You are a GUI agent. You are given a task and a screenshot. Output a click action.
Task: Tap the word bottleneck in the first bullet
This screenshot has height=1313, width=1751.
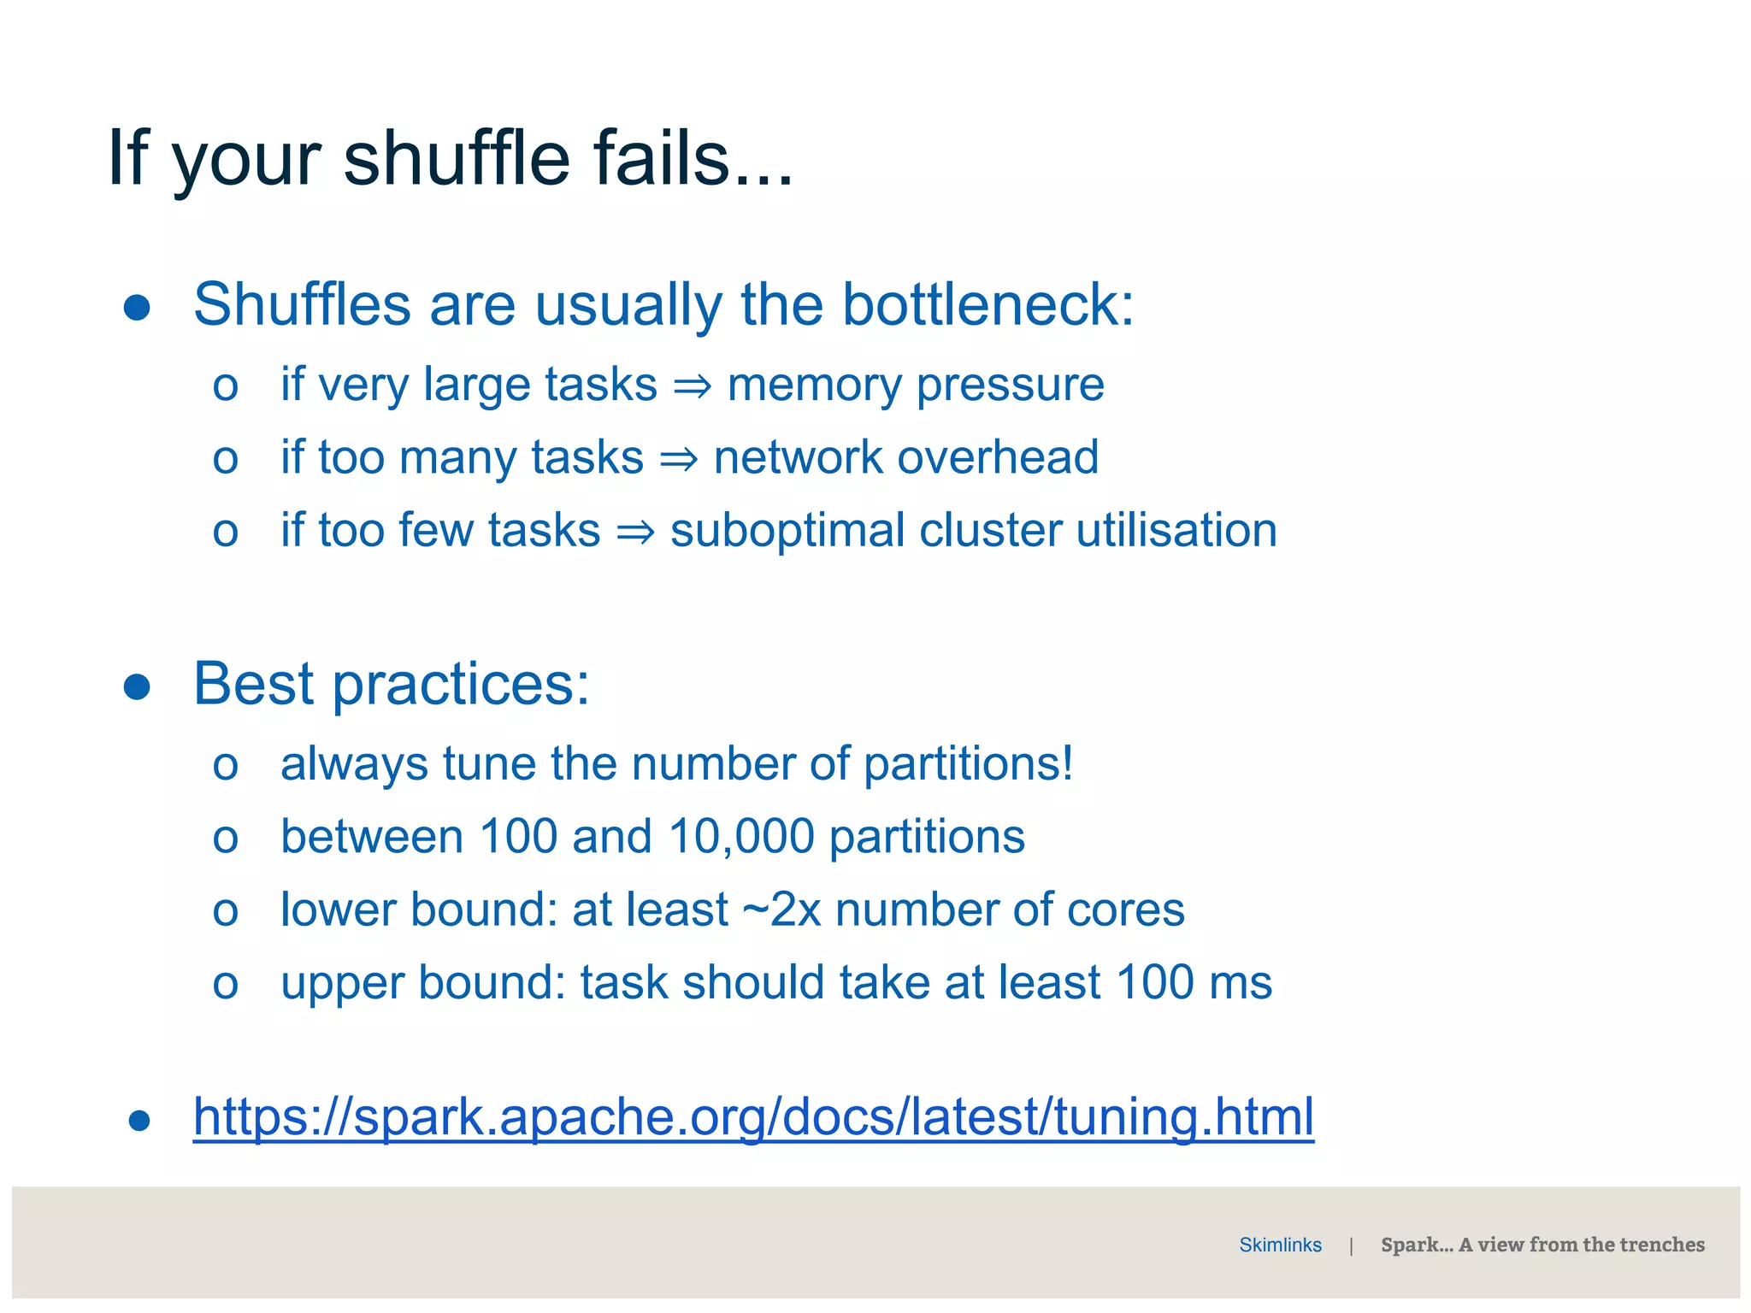(988, 305)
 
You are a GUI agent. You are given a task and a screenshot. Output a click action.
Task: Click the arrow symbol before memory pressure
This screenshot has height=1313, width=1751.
(692, 387)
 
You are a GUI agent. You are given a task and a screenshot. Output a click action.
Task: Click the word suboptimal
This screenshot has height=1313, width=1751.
(787, 531)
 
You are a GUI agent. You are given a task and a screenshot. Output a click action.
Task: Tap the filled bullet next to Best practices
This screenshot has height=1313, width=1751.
(137, 686)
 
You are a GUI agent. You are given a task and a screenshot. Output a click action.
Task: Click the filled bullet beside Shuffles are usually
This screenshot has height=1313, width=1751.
(137, 308)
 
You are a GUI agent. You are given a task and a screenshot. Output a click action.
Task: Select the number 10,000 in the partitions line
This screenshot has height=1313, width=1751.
(741, 836)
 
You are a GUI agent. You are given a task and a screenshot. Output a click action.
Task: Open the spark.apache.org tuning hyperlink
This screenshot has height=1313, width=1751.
(752, 1117)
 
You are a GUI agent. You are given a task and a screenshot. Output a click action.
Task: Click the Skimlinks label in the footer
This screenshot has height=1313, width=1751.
(1280, 1245)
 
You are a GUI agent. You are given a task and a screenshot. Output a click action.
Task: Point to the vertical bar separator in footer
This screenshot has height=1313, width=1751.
(1351, 1246)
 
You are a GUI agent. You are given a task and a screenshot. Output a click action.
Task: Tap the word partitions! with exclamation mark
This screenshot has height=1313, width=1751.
(968, 764)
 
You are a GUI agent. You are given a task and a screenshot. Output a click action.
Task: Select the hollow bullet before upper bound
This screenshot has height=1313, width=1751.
(225, 985)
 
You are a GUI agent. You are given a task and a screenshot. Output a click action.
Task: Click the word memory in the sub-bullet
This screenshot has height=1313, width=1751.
(814, 386)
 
